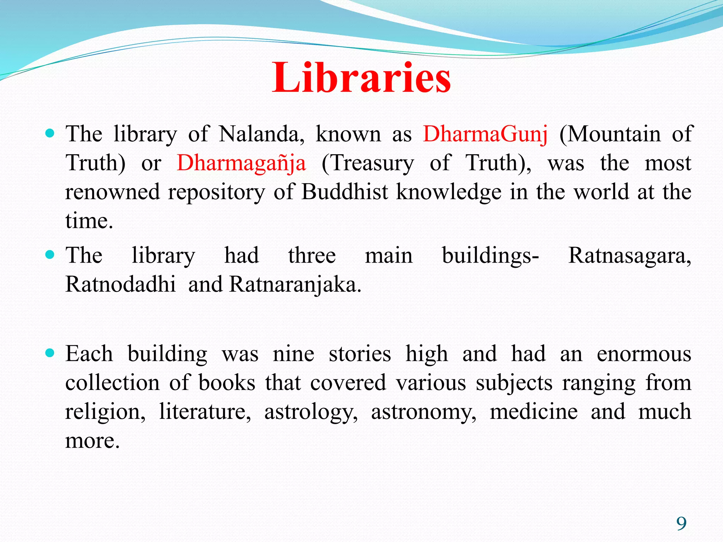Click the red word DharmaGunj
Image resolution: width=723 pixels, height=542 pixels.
pyautogui.click(x=485, y=134)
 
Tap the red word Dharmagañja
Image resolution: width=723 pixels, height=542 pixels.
pyautogui.click(x=241, y=163)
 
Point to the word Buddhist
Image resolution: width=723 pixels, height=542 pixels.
pyautogui.click(x=345, y=192)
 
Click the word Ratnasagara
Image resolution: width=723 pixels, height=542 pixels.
pyautogui.click(x=629, y=256)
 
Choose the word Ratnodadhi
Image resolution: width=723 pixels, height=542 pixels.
pyautogui.click(x=120, y=284)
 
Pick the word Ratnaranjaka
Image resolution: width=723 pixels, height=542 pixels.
pyautogui.click(x=295, y=284)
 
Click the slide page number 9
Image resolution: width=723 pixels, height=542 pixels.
pyautogui.click(x=681, y=523)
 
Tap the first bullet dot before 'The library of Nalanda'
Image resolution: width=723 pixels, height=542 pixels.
pyautogui.click(x=50, y=133)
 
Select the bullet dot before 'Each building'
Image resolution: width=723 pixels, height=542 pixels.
pyautogui.click(x=50, y=353)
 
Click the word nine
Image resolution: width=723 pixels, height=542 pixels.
pyautogui.click(x=293, y=354)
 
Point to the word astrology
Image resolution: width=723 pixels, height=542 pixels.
pyautogui.click(x=311, y=412)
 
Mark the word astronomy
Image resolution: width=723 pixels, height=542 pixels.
pyautogui.click(x=423, y=412)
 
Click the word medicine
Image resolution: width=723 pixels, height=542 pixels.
pyautogui.click(x=533, y=412)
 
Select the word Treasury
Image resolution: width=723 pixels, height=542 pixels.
pyautogui.click(x=368, y=163)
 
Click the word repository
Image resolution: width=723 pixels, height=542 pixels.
pyautogui.click(x=216, y=193)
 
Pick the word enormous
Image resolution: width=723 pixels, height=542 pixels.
pyautogui.click(x=644, y=354)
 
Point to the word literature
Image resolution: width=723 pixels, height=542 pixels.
pyautogui.click(x=205, y=412)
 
